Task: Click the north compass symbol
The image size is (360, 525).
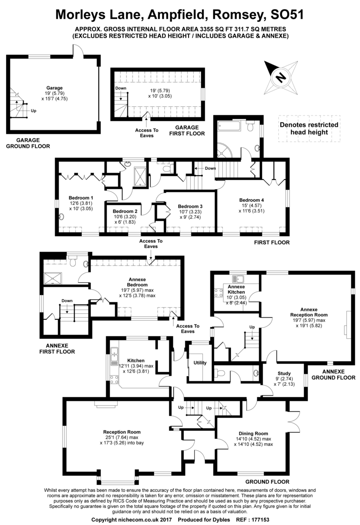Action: tap(280, 77)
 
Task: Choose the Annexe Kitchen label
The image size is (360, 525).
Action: tap(236, 289)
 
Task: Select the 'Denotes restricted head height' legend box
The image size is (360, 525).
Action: tap(309, 129)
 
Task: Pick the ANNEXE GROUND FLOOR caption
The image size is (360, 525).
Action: tap(332, 374)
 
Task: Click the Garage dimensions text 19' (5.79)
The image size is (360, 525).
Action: tap(55, 93)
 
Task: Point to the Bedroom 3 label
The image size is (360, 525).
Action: tap(190, 206)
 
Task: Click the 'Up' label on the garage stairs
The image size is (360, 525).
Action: tap(34, 111)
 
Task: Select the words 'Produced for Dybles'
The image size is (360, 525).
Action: tap(203, 519)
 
